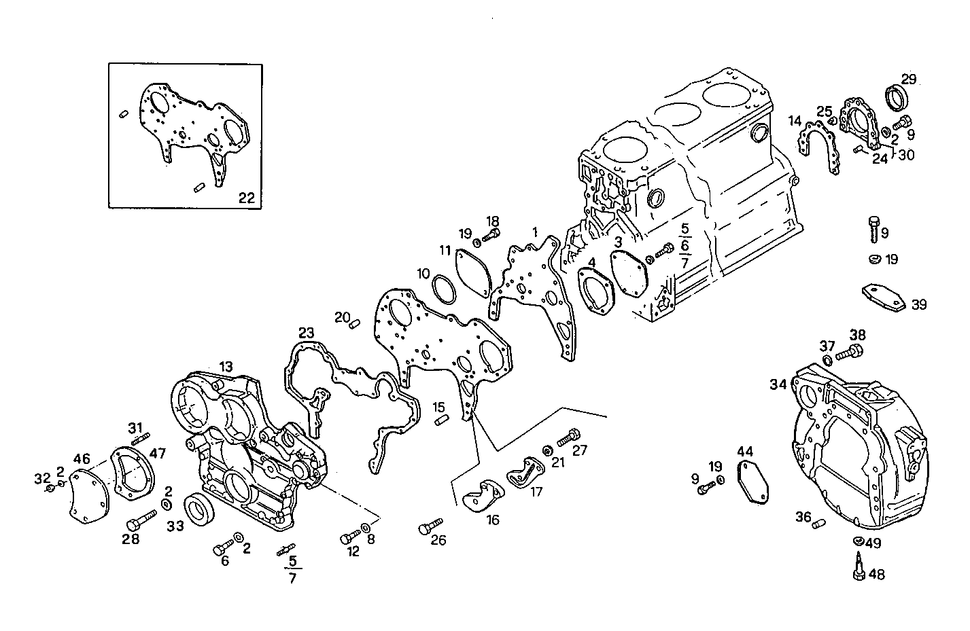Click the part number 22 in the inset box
(246, 198)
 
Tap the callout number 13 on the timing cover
(226, 367)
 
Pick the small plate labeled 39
(884, 297)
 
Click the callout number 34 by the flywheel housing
(778, 384)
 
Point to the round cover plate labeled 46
(89, 497)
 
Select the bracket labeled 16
(482, 496)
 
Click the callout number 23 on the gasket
(306, 333)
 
